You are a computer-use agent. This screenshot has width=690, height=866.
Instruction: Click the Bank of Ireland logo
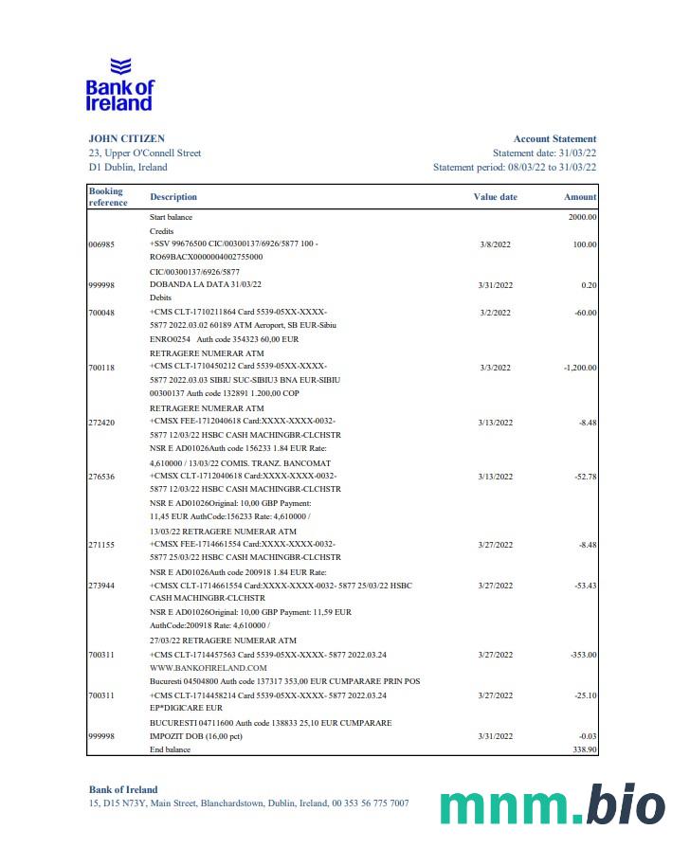(119, 85)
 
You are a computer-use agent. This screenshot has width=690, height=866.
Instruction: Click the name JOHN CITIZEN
(126, 138)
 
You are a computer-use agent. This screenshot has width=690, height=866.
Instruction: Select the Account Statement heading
(554, 138)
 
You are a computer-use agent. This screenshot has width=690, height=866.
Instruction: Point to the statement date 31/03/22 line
(544, 153)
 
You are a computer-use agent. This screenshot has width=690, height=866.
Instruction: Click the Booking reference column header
(107, 197)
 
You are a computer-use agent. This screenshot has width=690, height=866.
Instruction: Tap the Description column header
(173, 197)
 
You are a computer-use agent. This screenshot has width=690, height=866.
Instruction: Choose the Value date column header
(495, 197)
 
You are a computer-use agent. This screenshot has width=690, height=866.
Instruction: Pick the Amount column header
(580, 197)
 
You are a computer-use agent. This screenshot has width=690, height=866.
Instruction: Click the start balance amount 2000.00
(581, 217)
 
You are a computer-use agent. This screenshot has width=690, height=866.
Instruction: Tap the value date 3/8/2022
(496, 244)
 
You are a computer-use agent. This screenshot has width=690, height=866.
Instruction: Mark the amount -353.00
(581, 655)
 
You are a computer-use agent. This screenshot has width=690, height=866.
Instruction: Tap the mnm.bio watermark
(553, 804)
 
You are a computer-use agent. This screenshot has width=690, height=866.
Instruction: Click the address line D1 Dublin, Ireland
(127, 167)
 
